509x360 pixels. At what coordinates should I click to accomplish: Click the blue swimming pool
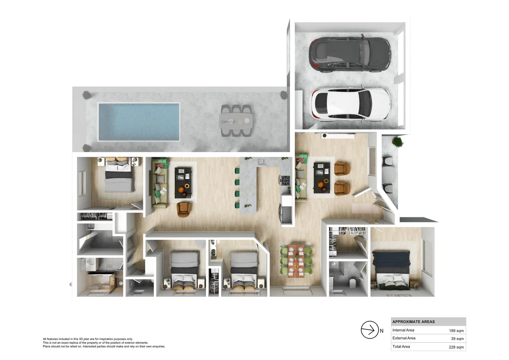[139, 122]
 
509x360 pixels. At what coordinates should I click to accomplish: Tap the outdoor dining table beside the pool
[236, 121]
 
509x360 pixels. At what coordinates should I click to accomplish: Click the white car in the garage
[350, 104]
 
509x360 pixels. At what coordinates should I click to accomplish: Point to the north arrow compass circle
[369, 330]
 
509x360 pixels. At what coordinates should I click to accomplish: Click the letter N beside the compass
[382, 331]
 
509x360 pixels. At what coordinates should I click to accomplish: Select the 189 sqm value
[456, 331]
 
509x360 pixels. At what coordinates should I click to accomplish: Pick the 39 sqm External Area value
[457, 339]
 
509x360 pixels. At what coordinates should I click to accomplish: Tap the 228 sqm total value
[456, 347]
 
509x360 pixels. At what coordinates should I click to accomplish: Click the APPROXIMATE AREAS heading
[413, 322]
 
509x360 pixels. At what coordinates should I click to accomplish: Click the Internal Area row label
[403, 330]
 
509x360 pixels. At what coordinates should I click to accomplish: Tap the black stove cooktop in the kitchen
[285, 180]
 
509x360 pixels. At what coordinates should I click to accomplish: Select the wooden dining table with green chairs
[296, 261]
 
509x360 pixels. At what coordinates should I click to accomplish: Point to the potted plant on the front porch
[397, 142]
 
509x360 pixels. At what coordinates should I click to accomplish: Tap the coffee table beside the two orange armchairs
[321, 178]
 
